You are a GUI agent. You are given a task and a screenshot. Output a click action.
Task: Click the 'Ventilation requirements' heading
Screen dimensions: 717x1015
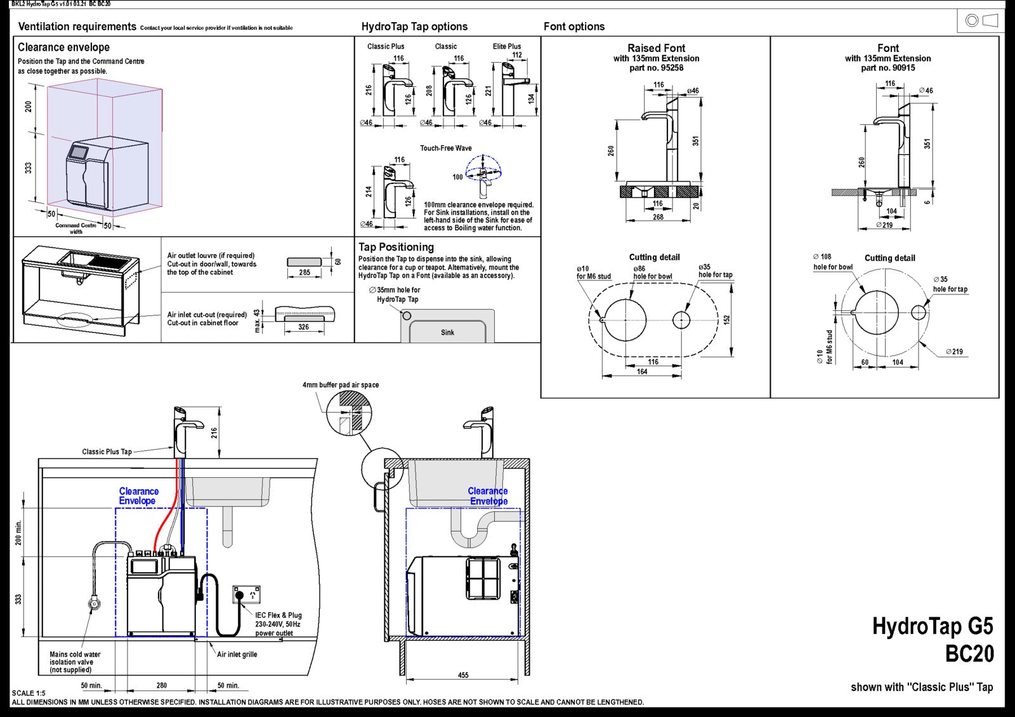click(x=77, y=27)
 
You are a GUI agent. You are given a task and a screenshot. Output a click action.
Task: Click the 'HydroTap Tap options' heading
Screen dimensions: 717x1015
click(x=414, y=27)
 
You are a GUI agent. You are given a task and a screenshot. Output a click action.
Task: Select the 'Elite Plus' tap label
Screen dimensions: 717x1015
click(x=506, y=46)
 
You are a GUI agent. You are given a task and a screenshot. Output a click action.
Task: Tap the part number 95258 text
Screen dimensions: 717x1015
click(x=656, y=68)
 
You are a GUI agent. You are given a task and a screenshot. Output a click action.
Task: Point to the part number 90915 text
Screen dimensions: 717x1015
click(x=887, y=68)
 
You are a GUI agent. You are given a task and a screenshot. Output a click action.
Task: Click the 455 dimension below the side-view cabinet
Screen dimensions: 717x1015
click(x=463, y=675)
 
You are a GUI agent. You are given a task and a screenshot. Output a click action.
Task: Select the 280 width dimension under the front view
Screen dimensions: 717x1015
click(x=162, y=685)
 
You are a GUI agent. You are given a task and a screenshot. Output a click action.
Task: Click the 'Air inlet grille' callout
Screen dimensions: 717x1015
click(x=237, y=654)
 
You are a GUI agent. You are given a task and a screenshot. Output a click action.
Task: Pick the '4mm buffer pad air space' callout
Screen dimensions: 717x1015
click(x=340, y=385)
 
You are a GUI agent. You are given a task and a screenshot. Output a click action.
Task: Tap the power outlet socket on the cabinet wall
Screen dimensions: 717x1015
click(x=246, y=595)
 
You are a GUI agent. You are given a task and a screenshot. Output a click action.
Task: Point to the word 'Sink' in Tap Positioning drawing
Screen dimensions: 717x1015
click(x=447, y=332)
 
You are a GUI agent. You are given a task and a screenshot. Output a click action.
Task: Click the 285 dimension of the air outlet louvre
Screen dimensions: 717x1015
click(x=304, y=272)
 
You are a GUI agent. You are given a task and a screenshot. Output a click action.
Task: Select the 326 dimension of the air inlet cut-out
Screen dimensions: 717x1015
click(x=303, y=327)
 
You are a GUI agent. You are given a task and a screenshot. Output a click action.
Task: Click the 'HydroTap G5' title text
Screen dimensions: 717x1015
click(x=932, y=626)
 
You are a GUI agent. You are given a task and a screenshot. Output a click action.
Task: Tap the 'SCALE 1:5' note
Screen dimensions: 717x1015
click(x=29, y=693)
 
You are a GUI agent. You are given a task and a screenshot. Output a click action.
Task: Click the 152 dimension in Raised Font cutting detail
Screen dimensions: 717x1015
click(x=727, y=319)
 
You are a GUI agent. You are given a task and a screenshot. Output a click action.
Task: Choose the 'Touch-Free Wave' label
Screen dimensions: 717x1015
click(x=445, y=148)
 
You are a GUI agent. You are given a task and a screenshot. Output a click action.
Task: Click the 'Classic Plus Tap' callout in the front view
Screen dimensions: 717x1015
click(x=107, y=452)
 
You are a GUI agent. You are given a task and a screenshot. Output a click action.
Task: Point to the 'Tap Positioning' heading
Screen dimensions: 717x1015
click(x=396, y=247)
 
